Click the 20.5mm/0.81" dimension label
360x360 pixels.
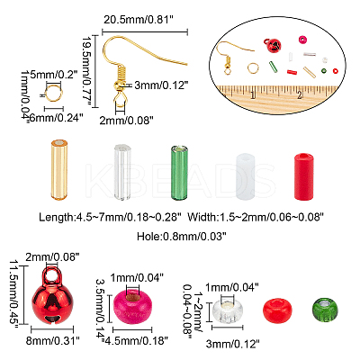139,20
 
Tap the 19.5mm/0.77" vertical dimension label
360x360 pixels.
87,71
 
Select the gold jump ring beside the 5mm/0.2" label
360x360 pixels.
54,92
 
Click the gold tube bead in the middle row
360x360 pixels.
59,169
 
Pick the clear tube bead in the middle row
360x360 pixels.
122,172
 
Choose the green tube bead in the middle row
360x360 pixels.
179,173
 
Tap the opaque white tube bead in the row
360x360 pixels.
246,176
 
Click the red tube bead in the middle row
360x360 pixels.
303,176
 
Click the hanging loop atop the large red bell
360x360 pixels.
52,274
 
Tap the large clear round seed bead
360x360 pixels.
228,310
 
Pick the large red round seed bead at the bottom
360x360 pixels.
278,310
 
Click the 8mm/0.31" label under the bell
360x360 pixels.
53,341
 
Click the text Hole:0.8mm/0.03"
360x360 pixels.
181,237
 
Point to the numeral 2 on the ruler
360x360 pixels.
300,95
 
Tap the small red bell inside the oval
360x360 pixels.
273,45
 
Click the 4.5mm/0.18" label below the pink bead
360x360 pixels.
135,341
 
